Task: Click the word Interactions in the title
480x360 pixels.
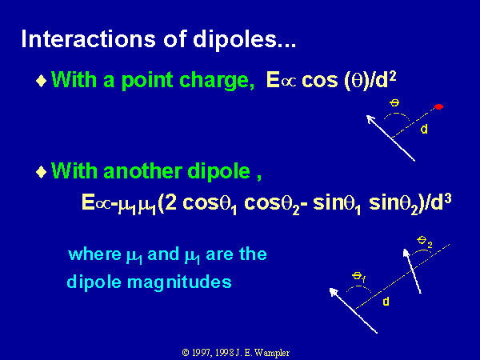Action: click(88, 39)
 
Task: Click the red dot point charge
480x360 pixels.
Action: click(438, 106)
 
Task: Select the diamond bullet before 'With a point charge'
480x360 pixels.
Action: click(42, 81)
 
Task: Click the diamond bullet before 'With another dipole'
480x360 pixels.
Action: click(42, 172)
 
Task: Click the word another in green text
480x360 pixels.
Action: click(142, 171)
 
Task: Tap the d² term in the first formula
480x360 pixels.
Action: click(386, 79)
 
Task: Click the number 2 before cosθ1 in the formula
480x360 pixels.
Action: click(171, 202)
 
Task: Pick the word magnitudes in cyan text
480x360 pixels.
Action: click(179, 282)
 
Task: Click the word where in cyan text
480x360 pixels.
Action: click(95, 254)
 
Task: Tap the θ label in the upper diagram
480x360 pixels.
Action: click(394, 103)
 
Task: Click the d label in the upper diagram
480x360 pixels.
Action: click(424, 129)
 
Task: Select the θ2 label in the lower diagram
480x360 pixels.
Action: click(425, 242)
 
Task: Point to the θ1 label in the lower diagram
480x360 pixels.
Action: click(358, 277)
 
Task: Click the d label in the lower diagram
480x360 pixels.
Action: click(386, 302)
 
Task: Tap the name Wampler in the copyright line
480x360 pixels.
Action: click(271, 353)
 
